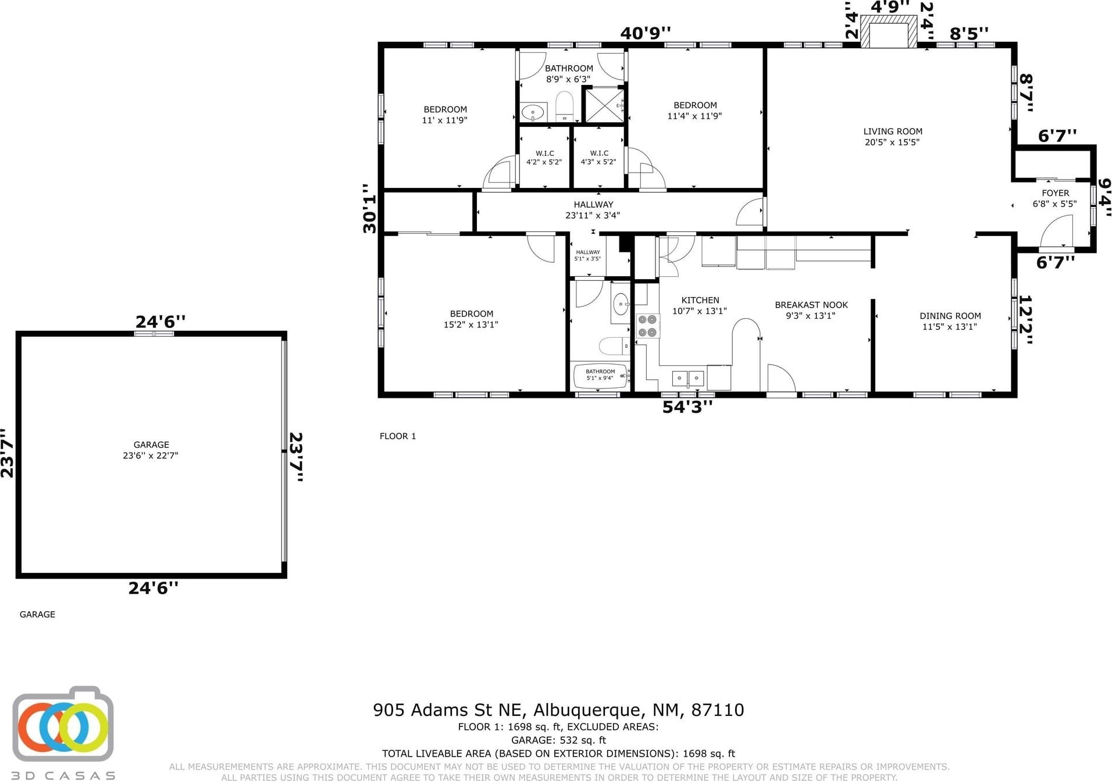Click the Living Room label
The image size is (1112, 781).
(892, 137)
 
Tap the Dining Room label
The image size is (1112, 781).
(950, 321)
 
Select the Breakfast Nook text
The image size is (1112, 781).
(811, 310)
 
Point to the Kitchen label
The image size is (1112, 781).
(700, 305)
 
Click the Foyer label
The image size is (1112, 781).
(1055, 198)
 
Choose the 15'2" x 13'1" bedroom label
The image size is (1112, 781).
(471, 319)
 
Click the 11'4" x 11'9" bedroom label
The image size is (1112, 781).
(695, 110)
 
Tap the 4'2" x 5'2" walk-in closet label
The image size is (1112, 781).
(544, 158)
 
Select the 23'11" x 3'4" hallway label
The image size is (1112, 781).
(593, 210)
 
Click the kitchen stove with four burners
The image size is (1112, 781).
(647, 326)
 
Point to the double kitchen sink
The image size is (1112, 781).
(688, 378)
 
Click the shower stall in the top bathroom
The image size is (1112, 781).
(604, 105)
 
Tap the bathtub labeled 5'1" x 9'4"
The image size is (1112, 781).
(601, 376)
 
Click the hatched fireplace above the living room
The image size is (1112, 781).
(888, 31)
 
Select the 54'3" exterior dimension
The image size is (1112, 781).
(687, 407)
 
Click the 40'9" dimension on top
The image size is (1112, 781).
(645, 33)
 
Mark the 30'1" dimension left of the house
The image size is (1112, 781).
(370, 208)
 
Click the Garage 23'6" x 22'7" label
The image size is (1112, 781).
(151, 450)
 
